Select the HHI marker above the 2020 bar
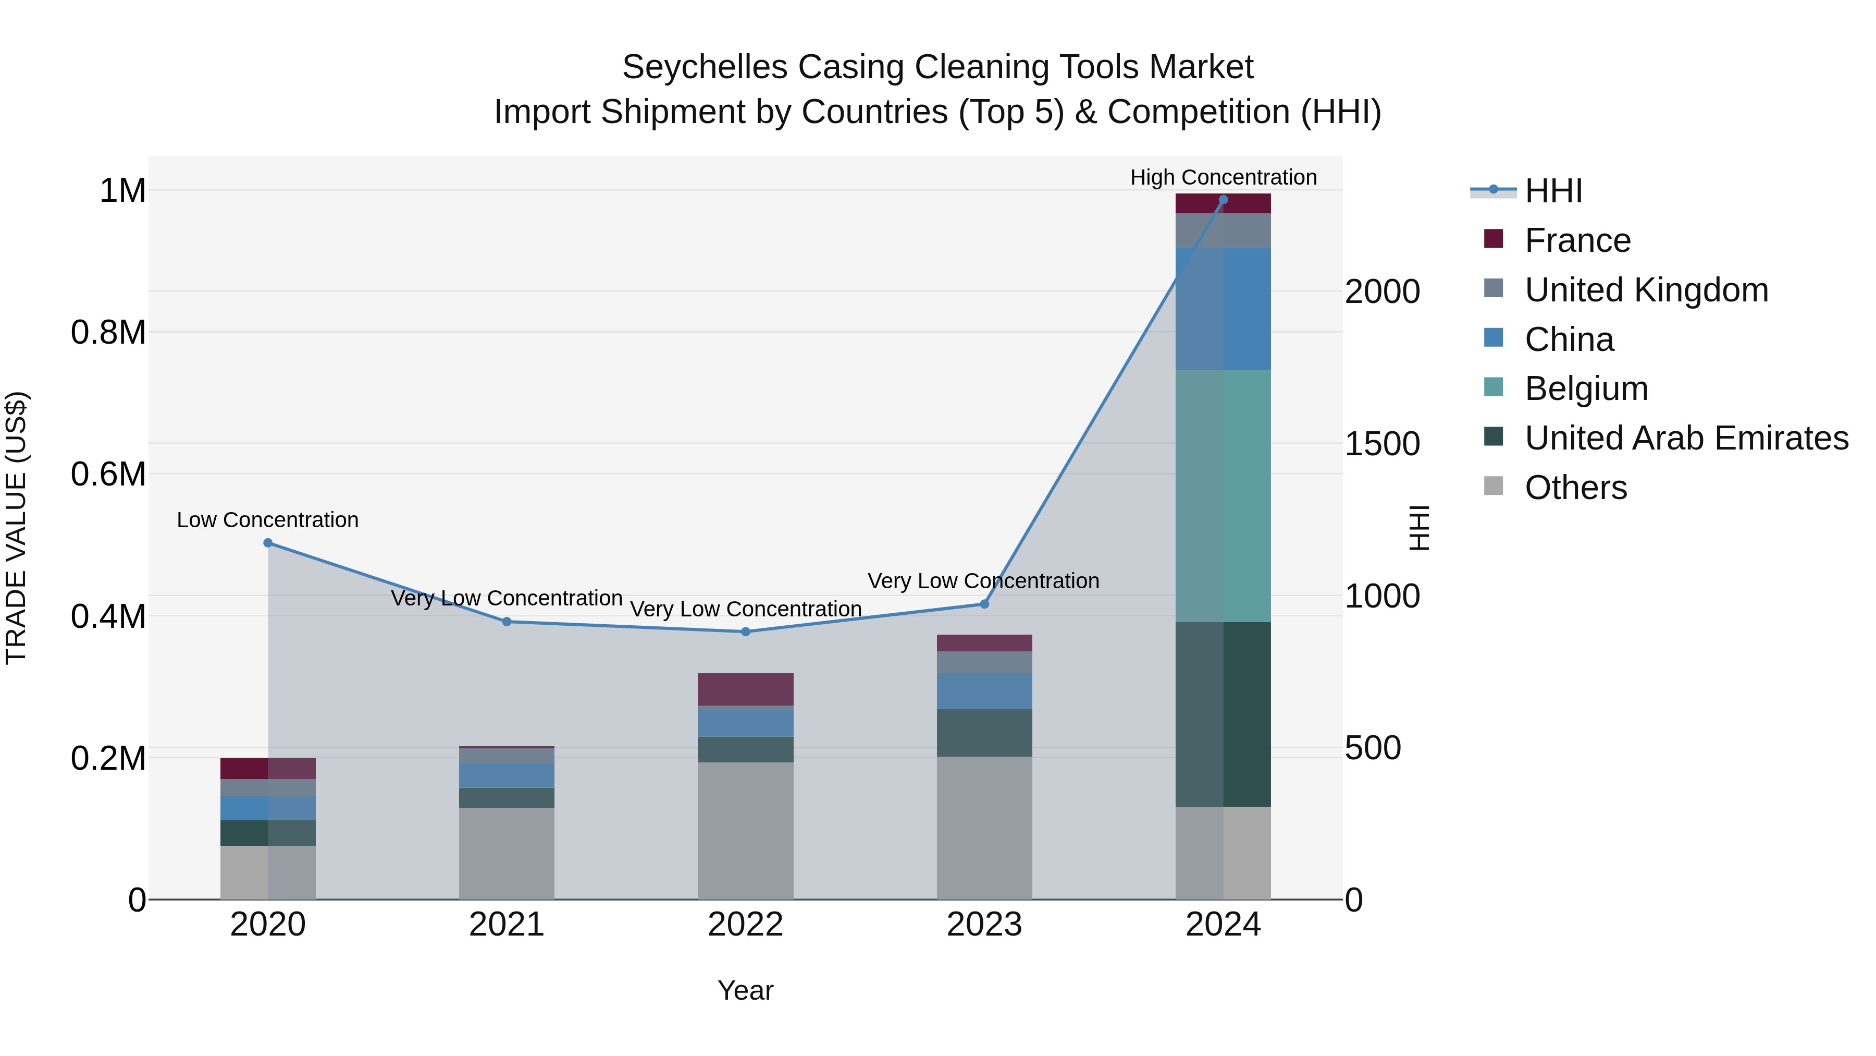[x=268, y=543]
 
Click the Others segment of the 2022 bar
[x=745, y=831]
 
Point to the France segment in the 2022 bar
[x=745, y=689]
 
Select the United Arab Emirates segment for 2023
[x=984, y=733]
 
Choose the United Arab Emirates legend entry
[x=1686, y=438]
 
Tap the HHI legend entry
[x=1553, y=191]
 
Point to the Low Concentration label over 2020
[x=267, y=519]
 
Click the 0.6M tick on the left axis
[x=108, y=475]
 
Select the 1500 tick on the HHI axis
[x=1381, y=444]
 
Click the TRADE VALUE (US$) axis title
[x=16, y=528]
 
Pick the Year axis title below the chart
[x=745, y=990]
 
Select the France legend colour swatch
[x=1493, y=239]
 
